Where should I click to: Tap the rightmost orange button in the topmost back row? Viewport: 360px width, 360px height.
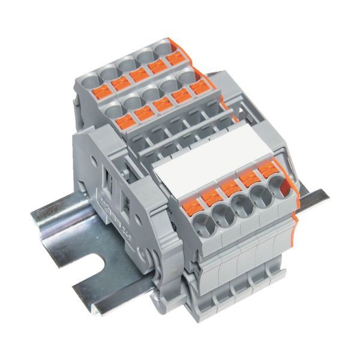coord(176,59)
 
